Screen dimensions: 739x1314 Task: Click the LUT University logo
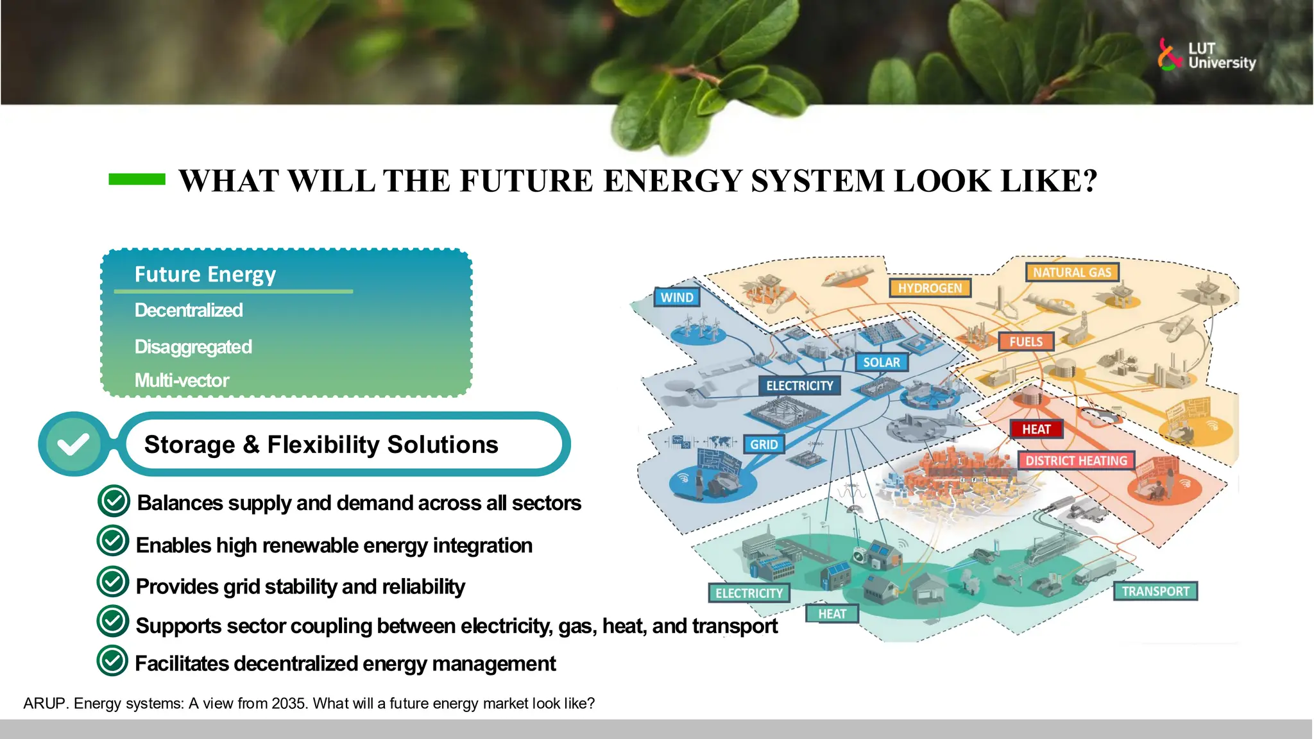[1206, 55]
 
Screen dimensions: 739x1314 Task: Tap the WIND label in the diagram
[677, 298]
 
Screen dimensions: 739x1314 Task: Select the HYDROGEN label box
[930, 288]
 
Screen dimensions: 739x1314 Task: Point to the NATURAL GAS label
[1071, 273]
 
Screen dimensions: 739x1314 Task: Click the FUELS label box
[1026, 342]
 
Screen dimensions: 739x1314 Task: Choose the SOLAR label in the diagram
[882, 362]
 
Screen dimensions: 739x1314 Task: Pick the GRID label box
[764, 445]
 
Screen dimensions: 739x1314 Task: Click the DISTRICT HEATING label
[1076, 461]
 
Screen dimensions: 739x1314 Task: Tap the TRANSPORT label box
[1155, 591]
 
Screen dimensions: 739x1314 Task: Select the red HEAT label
[1036, 429]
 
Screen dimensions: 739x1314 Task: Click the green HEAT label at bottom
[832, 614]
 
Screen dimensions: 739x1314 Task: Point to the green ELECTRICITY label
[749, 593]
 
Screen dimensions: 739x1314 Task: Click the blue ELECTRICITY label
[799, 386]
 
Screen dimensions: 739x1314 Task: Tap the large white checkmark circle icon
[74, 444]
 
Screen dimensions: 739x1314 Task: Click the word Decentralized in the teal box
[189, 310]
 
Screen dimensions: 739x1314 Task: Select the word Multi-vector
[182, 380]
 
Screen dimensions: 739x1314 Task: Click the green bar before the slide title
[137, 180]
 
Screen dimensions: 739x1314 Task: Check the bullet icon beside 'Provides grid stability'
[113, 582]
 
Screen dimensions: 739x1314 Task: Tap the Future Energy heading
[205, 275]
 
